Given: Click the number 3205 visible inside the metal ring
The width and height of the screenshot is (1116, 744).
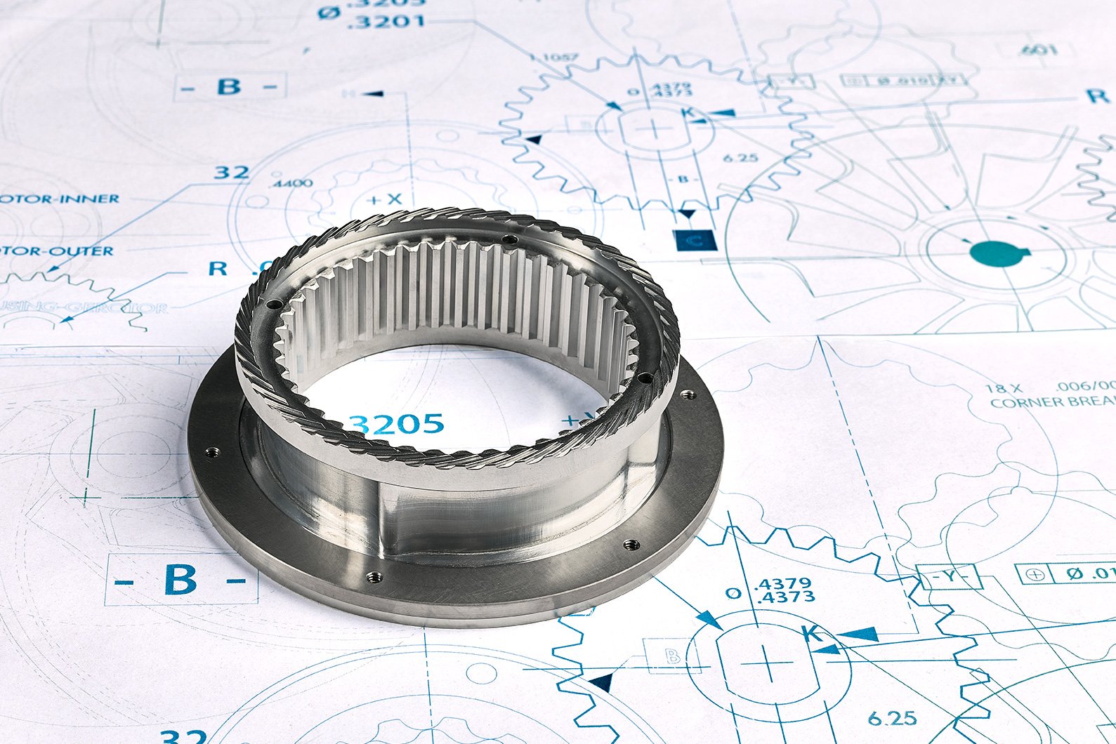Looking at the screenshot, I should click(398, 424).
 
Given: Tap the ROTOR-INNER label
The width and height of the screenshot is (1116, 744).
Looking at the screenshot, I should click(59, 199).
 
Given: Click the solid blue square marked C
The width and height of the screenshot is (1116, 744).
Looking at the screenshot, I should click(694, 241).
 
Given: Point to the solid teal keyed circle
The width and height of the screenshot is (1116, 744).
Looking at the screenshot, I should click(992, 254).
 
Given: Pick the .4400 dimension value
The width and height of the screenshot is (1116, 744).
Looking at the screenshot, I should click(291, 183).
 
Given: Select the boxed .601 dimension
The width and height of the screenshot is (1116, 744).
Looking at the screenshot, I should click(1037, 50).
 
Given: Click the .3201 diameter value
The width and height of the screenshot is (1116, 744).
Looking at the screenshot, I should click(386, 21).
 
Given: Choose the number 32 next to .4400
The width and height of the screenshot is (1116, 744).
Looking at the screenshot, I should click(231, 172).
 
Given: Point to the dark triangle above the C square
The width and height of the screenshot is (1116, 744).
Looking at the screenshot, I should click(688, 213).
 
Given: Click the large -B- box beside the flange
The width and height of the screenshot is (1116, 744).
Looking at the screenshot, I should click(180, 580).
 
